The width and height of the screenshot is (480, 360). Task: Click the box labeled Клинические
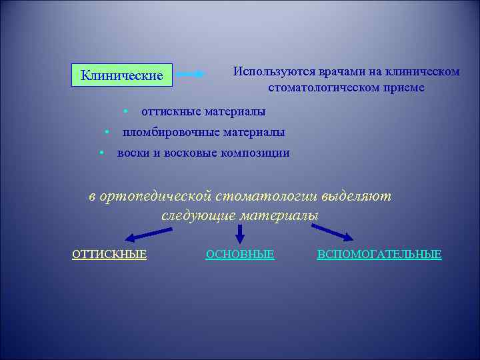pyautogui.click(x=121, y=75)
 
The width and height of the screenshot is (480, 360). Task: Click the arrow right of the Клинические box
pyautogui.click(x=191, y=75)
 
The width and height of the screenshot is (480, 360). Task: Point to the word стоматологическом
pyautogui.click(x=324, y=87)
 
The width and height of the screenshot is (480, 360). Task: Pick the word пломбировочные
pyautogui.click(x=171, y=132)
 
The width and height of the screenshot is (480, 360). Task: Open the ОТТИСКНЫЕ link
pyautogui.click(x=109, y=254)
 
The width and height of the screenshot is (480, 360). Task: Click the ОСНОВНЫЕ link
pyautogui.click(x=240, y=254)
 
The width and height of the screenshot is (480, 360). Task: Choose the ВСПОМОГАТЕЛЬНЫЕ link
pyautogui.click(x=379, y=254)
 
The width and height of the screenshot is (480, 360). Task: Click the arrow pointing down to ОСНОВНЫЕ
pyautogui.click(x=240, y=233)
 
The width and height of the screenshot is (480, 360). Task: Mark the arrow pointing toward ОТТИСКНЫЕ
pyautogui.click(x=148, y=234)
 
